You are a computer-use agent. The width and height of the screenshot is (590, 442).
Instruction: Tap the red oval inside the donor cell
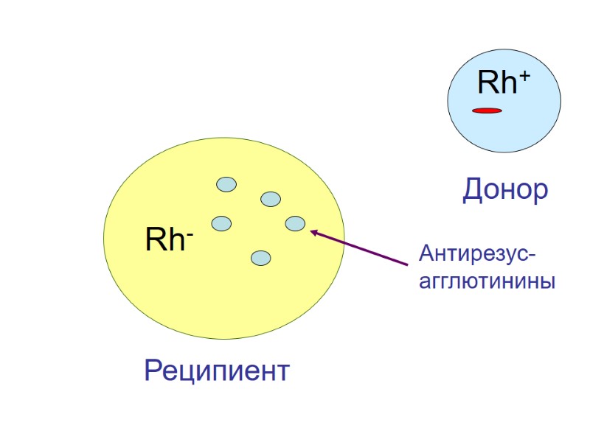(x=487, y=110)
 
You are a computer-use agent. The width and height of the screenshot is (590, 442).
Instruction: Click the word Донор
(x=505, y=190)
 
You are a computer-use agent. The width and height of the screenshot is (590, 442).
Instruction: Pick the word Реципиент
(x=217, y=370)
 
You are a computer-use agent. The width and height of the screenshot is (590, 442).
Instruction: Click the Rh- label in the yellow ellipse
(x=169, y=240)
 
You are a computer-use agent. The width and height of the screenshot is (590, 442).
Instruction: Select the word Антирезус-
(x=477, y=254)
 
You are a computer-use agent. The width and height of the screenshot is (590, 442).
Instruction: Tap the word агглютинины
(x=486, y=281)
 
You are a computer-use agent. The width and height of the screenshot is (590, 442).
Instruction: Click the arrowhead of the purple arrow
(x=313, y=232)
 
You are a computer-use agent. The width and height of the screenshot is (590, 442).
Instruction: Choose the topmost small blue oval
(x=226, y=184)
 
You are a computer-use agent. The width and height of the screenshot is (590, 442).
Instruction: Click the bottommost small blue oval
(x=260, y=258)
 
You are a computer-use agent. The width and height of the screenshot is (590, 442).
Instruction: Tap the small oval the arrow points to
(x=295, y=223)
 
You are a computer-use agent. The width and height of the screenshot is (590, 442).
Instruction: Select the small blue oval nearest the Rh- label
(x=221, y=222)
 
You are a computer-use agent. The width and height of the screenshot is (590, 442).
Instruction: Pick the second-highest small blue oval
(x=271, y=199)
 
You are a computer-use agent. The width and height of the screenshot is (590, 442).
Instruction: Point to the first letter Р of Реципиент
(x=153, y=370)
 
